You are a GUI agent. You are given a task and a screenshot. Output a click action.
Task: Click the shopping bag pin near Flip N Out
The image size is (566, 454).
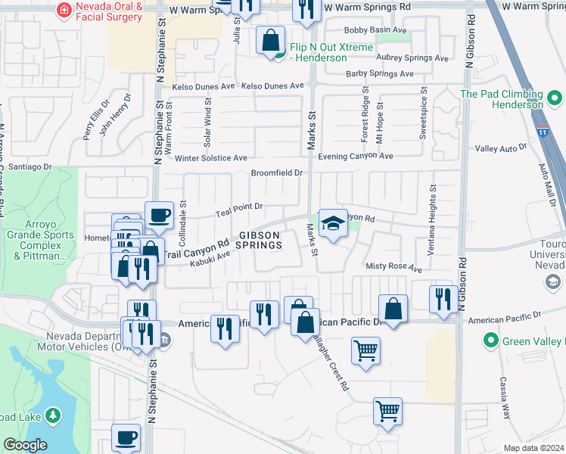[x=271, y=40]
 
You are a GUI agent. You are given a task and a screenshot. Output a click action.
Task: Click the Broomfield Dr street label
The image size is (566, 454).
[x=277, y=173]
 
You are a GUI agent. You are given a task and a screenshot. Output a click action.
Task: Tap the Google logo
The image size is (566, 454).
[x=24, y=445]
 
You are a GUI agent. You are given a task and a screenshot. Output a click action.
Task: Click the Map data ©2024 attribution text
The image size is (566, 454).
[x=533, y=448]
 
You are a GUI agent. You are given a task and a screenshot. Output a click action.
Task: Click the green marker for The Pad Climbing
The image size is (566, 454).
[x=555, y=98]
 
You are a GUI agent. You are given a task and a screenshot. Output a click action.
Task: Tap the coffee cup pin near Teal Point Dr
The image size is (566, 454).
[x=159, y=215]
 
